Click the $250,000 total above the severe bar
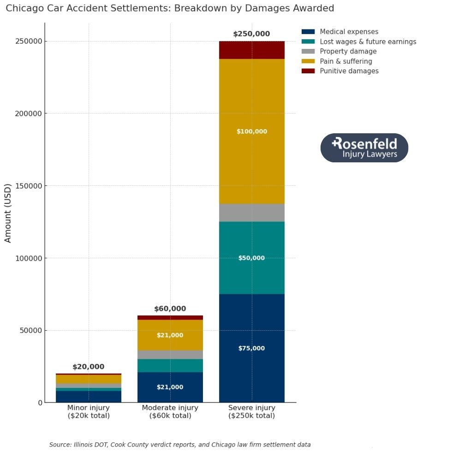click(251, 34)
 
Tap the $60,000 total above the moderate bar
click(170, 309)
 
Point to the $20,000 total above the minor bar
click(88, 367)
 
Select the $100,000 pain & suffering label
click(251, 131)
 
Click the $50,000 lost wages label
click(251, 258)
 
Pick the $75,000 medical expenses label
click(251, 348)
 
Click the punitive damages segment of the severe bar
click(251, 50)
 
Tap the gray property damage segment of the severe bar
click(251, 213)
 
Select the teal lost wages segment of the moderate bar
click(170, 365)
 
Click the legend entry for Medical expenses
click(349, 32)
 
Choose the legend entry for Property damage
click(348, 52)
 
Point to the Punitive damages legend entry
click(349, 71)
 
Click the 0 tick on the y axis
click(40, 403)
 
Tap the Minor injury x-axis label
click(88, 411)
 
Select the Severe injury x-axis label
click(251, 411)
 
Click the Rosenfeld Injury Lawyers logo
click(364, 148)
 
